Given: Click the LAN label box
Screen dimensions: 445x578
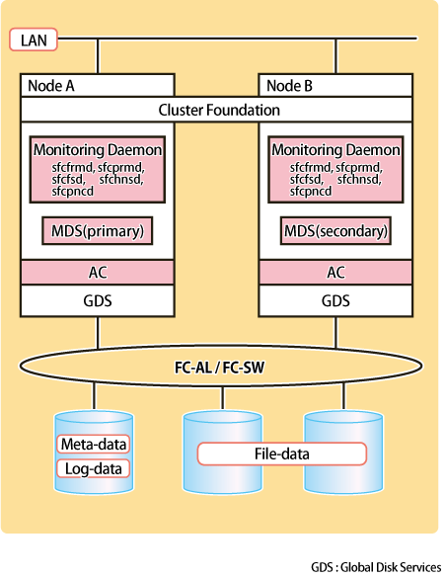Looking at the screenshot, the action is (34, 40).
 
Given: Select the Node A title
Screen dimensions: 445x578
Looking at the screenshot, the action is (51, 86).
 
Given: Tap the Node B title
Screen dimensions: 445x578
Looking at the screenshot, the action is (289, 86).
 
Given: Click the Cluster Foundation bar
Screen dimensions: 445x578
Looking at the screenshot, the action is (216, 110).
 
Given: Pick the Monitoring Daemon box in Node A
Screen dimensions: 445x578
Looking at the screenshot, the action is (97, 169).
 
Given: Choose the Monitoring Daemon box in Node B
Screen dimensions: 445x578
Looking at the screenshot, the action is (335, 169).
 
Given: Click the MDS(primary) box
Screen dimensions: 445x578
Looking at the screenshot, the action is (97, 231).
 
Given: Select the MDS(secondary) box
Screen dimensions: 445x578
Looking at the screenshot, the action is (335, 231).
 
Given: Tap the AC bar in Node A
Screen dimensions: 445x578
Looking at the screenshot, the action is (97, 273).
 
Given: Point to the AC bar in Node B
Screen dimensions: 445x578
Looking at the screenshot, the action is (335, 273).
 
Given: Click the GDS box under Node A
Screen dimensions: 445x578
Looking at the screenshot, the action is (97, 300).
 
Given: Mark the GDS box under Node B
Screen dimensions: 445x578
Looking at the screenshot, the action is (335, 300).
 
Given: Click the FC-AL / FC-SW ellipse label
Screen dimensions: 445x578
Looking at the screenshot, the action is (219, 368).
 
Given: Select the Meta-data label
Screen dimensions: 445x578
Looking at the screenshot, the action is (94, 445).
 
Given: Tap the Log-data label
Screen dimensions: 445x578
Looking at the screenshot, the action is (94, 469).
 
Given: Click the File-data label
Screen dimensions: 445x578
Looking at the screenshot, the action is (282, 454).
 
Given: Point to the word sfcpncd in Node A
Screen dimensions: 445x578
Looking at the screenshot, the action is (72, 192).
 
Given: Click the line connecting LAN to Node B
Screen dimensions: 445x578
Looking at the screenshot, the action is (335, 56).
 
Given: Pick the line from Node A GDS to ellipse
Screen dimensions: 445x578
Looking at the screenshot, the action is (98, 333).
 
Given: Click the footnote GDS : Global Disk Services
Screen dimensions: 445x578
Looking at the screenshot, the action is (376, 567).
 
